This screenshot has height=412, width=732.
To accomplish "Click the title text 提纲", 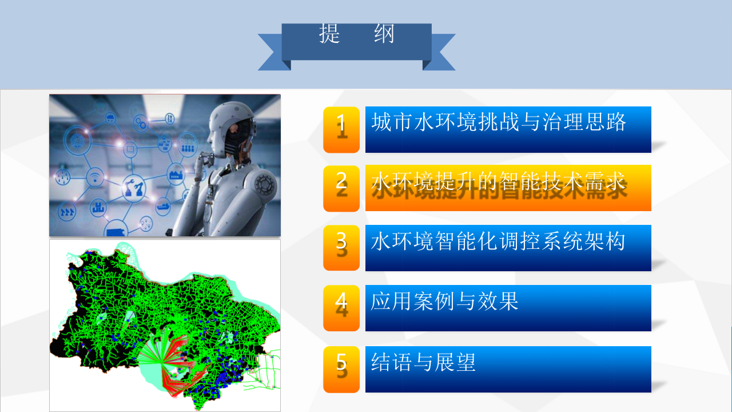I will point(357,35).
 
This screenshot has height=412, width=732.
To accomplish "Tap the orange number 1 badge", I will point(341,129).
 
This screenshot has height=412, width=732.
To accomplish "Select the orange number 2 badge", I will point(341,188).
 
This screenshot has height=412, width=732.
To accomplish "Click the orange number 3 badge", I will point(341,248).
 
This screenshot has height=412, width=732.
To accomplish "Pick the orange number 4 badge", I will point(341,308).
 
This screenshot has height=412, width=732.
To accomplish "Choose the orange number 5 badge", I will point(341,369).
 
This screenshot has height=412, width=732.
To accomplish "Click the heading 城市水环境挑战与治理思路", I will point(499,122).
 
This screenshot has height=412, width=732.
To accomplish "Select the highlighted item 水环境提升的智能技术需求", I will point(499,183).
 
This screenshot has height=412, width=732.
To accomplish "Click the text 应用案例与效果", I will point(444,301).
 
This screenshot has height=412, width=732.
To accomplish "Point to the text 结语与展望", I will point(423,362).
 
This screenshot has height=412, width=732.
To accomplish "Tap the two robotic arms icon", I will point(133,187).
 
